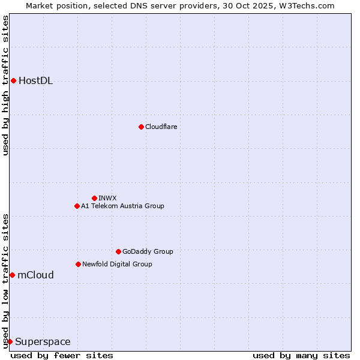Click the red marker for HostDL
[13, 80]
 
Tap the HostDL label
[35, 81]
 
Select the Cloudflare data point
[141, 127]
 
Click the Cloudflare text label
[161, 127]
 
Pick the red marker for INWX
[94, 198]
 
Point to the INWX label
[107, 198]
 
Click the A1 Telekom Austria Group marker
[77, 206]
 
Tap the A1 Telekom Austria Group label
[122, 206]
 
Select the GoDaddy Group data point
[118, 251]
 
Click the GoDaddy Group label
[148, 251]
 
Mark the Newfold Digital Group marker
[78, 264]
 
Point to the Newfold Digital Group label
[117, 264]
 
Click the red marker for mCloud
[12, 275]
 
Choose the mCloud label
[35, 275]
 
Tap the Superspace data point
[10, 341]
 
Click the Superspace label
[43, 342]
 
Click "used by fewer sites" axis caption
[62, 355]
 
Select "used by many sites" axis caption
[301, 355]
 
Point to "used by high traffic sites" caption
[5, 85]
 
